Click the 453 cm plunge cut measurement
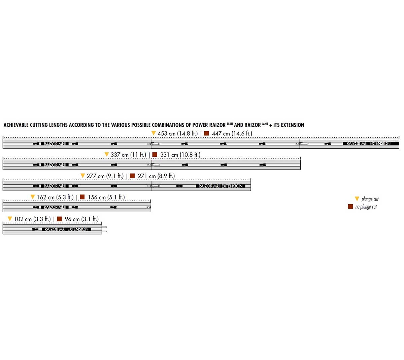(177, 134)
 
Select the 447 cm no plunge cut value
(232, 134)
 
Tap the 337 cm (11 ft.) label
(128, 155)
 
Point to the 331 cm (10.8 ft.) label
(180, 155)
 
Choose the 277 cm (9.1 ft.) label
(105, 176)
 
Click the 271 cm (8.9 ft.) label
(156, 176)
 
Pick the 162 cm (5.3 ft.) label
(55, 197)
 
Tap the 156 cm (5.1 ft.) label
(106, 197)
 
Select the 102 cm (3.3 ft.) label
(32, 219)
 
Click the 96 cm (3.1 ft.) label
(82, 219)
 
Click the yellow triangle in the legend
(357, 199)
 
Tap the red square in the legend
(350, 207)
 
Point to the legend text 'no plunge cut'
(366, 207)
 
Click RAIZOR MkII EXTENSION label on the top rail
(368, 144)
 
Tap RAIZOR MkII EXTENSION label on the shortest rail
(66, 229)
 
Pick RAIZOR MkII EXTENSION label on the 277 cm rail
(220, 186)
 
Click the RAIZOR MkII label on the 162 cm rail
(55, 207)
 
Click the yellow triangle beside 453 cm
(154, 133)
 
